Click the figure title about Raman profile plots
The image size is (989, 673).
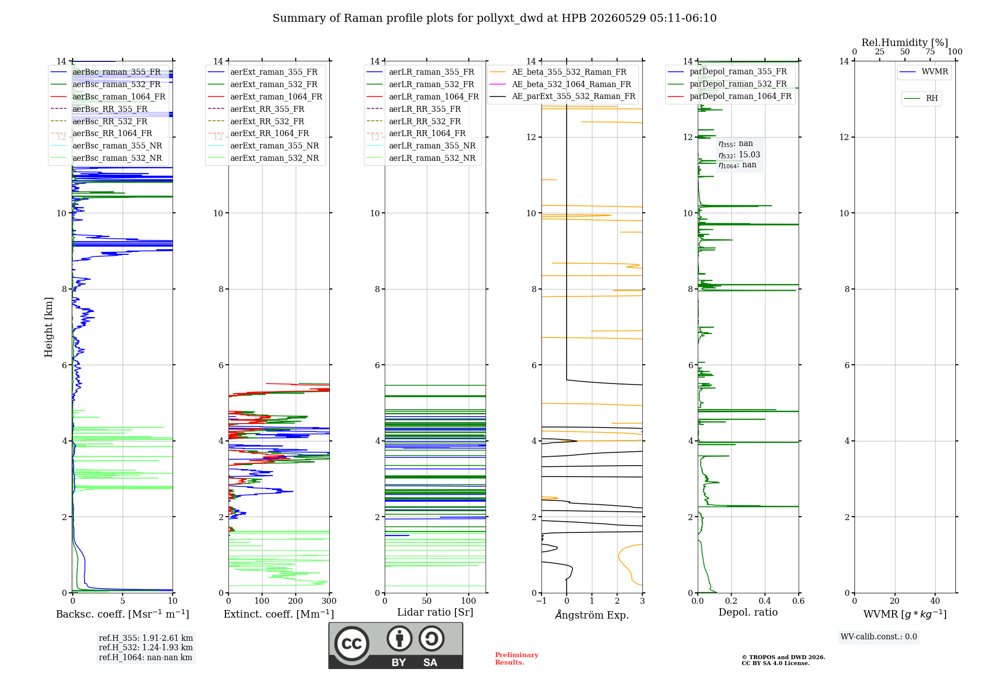pos(494,18)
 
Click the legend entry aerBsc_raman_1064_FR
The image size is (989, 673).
pos(119,97)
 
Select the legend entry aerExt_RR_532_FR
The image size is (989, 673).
pos(267,121)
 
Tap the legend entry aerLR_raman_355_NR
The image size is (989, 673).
pos(432,146)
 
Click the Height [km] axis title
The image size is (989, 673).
pos(48,327)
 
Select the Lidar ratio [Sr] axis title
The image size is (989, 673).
pos(435,613)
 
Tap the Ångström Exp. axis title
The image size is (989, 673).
pos(592,615)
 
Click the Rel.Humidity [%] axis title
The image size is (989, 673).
pos(905,43)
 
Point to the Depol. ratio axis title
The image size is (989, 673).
pos(748,613)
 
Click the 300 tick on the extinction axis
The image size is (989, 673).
pos(329,601)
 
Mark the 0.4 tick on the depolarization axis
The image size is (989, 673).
pos(765,601)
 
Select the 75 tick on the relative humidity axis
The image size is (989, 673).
pos(930,52)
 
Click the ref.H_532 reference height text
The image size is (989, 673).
pos(146,648)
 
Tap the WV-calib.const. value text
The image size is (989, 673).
pos(879,637)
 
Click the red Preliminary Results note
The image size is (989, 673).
pos(517,659)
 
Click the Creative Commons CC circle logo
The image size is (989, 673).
pos(352,644)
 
